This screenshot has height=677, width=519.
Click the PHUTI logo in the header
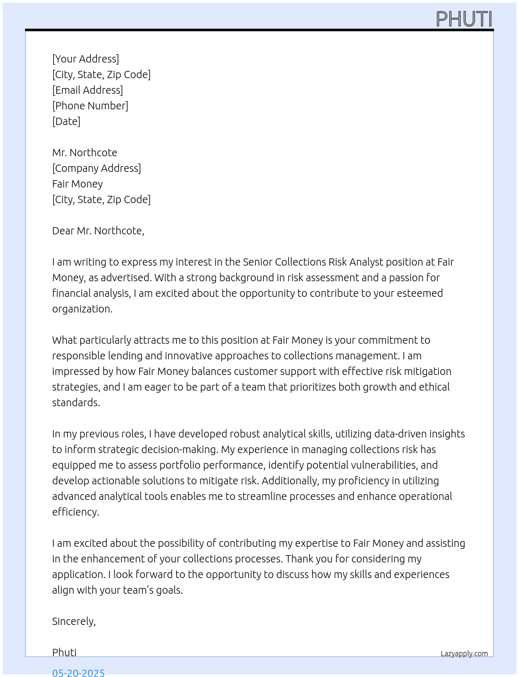(464, 19)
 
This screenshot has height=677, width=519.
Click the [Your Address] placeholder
(85, 59)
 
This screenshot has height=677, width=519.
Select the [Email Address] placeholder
(88, 90)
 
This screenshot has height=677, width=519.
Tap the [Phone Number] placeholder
(90, 106)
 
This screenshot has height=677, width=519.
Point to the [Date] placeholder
(66, 121)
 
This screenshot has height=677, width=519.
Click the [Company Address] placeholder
(96, 168)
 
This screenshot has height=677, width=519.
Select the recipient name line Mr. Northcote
(84, 153)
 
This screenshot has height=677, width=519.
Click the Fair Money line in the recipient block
(78, 184)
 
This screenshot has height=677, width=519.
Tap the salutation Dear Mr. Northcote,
(98, 231)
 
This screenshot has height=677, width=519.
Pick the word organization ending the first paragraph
(81, 309)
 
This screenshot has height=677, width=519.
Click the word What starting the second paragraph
(65, 340)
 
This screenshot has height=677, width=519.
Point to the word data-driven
(369, 434)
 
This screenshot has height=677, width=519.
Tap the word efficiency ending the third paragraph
(75, 512)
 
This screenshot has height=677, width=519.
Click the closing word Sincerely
(73, 621)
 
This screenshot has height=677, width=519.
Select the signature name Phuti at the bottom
(64, 653)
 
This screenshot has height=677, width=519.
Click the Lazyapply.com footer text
(464, 654)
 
